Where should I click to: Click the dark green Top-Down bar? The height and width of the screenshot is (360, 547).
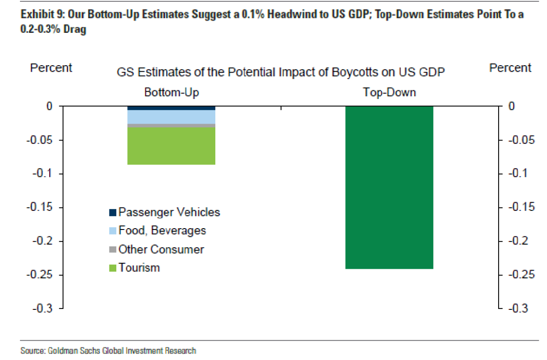389,187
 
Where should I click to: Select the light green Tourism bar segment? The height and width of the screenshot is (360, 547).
171,146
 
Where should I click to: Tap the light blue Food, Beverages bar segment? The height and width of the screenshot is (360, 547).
171,117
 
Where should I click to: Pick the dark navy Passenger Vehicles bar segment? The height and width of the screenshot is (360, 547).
171,108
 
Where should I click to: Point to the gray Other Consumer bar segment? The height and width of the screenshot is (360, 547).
171,125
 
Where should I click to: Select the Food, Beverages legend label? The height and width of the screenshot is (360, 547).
162,230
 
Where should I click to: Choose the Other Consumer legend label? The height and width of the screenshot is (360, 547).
161,249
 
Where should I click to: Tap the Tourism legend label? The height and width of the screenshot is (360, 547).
139,267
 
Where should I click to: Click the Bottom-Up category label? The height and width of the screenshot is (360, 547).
172,93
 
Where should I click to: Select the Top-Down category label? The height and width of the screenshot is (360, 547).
389,93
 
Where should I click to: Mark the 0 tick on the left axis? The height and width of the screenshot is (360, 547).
49,106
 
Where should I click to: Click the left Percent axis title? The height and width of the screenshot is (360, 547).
51,68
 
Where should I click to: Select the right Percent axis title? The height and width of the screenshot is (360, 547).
510,68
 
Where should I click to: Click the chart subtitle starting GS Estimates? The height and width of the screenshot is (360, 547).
281,73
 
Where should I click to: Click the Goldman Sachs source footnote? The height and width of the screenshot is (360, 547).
108,351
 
